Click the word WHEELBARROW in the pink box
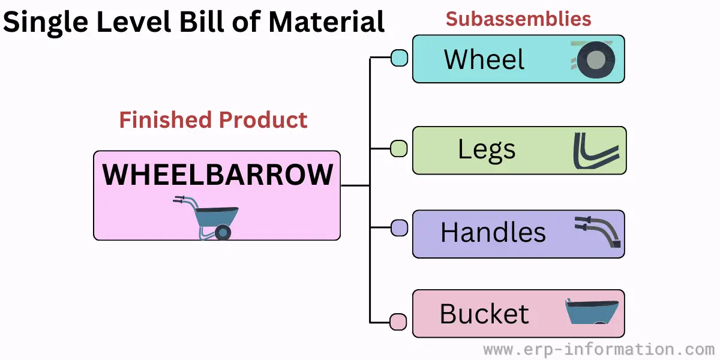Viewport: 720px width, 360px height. coord(217,175)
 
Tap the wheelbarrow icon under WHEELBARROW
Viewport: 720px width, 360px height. coord(206,218)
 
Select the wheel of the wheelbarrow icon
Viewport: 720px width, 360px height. coord(223,232)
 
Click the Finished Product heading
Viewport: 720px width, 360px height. coord(213,120)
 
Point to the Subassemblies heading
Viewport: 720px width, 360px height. coord(518,19)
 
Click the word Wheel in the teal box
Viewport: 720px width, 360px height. coord(484,59)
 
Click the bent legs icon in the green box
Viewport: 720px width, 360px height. coord(596,151)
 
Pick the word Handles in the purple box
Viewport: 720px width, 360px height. coord(493,232)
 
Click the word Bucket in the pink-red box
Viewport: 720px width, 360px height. coord(484,314)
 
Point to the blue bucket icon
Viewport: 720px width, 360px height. coord(592,311)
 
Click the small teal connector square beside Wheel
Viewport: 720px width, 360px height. coord(399,58)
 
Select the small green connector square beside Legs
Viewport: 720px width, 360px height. coord(399,149)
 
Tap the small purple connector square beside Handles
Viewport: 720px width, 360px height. coord(399,228)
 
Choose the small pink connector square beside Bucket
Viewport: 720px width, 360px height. coord(398,322)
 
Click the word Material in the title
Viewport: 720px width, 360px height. coord(326,22)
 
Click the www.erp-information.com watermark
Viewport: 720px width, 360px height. coord(599,349)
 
